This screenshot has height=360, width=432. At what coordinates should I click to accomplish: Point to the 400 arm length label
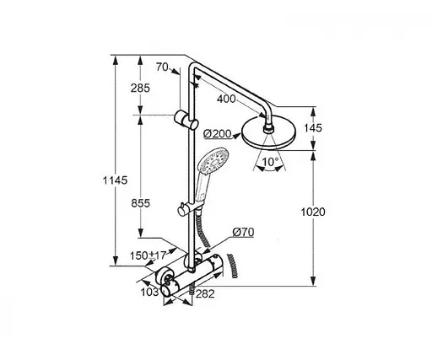(x=225, y=99)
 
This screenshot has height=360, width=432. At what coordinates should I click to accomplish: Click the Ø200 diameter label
(x=219, y=132)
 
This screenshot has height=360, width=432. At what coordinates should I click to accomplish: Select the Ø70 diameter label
(x=242, y=231)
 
